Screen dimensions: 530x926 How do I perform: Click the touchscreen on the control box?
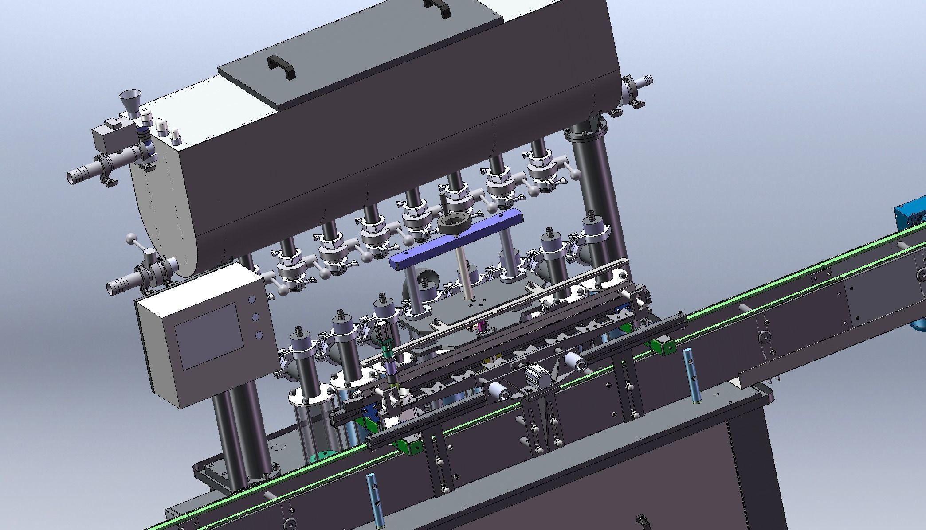(x=208, y=335)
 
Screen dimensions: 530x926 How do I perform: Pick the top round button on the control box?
(x=252, y=300)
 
